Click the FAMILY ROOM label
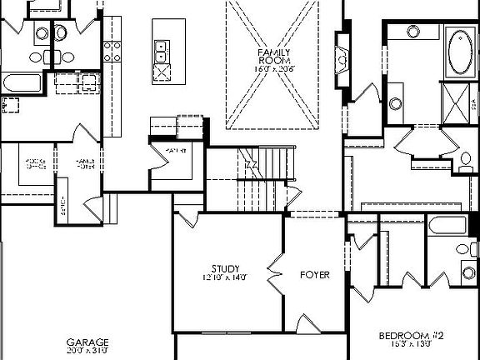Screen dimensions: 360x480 (x=272, y=57)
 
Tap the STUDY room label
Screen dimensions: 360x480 (x=225, y=268)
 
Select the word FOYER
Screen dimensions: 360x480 (x=313, y=274)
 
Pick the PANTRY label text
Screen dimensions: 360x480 (x=174, y=150)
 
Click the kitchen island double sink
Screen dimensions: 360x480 (x=162, y=52)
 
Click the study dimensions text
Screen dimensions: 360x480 (x=224, y=277)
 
